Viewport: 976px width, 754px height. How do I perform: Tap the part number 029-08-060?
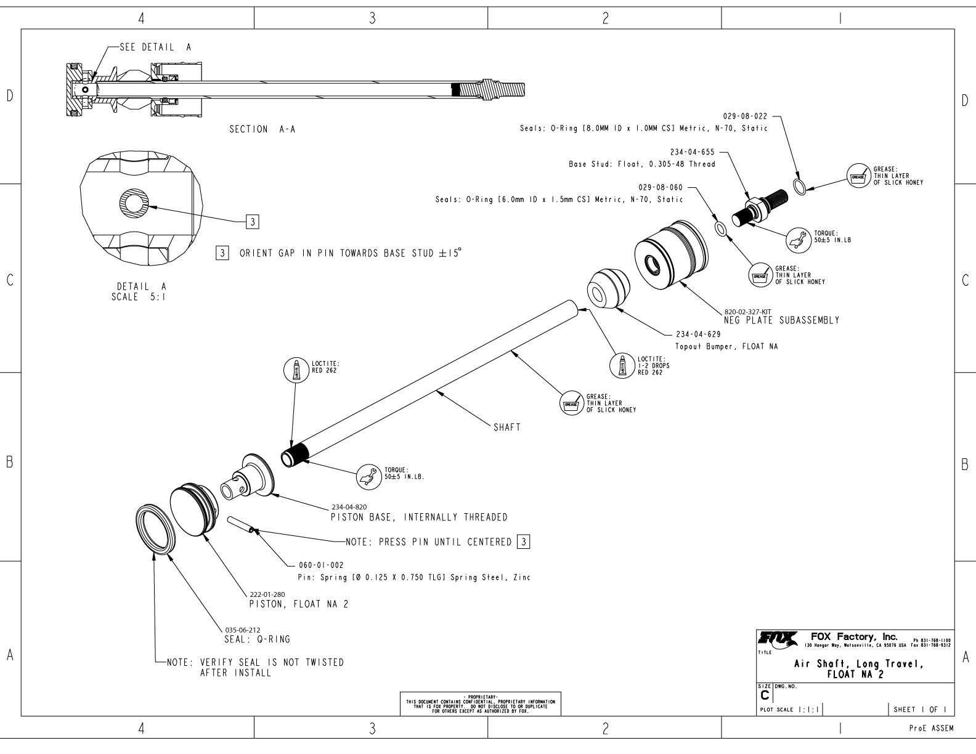662,187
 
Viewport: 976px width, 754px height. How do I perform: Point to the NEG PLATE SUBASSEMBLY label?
781,321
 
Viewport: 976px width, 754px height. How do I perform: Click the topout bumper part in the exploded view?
607,288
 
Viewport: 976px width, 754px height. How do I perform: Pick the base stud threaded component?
758,208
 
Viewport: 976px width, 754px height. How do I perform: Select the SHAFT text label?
507,428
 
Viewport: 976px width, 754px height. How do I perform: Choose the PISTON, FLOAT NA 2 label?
299,604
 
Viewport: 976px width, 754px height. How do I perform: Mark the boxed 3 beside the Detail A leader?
251,221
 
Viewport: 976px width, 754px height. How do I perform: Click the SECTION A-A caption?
262,129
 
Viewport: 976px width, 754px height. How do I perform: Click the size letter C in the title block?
765,695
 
